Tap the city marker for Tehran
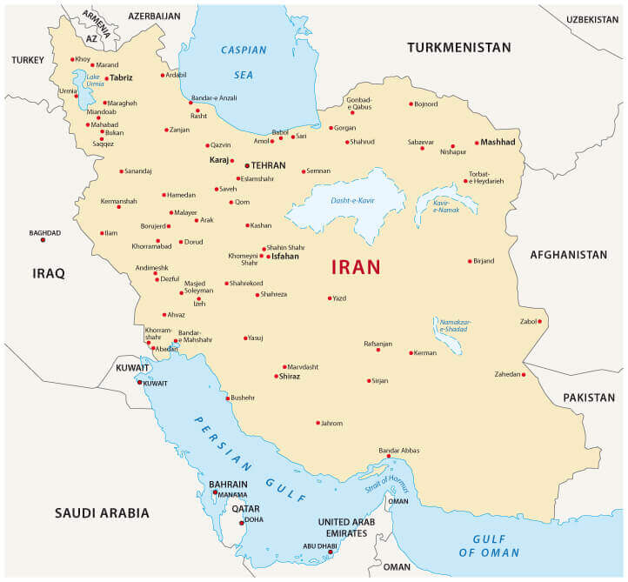coord(247,164)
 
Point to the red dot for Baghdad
coord(43,240)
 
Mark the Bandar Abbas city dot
coord(389,456)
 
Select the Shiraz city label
coord(289,377)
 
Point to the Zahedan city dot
coord(524,375)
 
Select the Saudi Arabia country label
coord(102,513)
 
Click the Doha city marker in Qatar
coord(242,523)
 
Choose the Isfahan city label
coord(284,257)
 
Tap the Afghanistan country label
coord(568,255)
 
